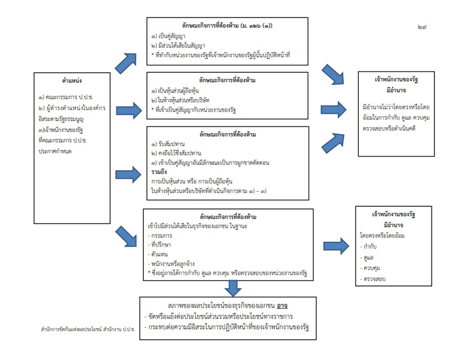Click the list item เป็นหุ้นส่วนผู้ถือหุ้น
(178, 92)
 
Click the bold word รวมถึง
(160, 173)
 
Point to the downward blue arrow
(233, 288)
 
